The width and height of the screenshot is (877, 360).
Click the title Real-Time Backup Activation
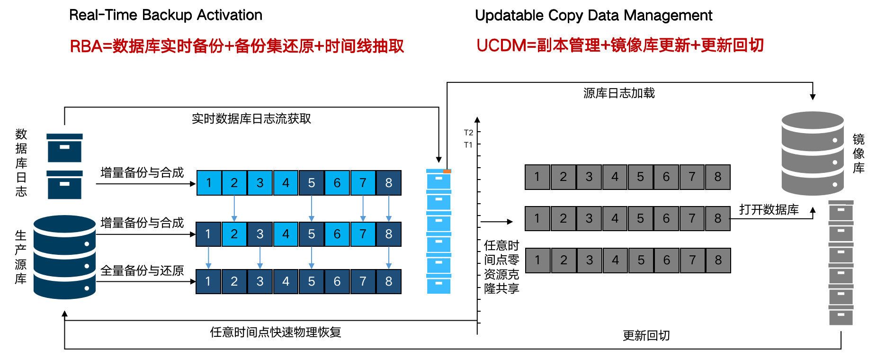pos(165,15)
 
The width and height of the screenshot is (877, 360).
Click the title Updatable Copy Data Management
pos(593,16)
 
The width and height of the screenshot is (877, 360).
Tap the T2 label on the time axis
pos(468,133)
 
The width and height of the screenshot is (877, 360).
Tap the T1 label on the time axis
pos(468,145)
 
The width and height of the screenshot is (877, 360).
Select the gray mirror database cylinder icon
pos(812,153)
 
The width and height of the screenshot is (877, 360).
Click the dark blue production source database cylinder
pos(64,257)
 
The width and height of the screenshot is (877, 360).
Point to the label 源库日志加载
pos(619,93)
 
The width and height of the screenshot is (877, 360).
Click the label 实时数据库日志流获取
pos(251,118)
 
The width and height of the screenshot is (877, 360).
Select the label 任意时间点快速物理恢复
pos(276,332)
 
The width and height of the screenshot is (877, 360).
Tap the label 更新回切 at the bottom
pos(646,335)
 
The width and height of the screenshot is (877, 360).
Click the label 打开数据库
pos(769,209)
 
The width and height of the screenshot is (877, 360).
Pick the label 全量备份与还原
pos(142,270)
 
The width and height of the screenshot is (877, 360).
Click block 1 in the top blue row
pos(209,183)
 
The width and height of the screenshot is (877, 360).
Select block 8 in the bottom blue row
pos(388,281)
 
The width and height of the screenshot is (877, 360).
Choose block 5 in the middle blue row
pos(311,234)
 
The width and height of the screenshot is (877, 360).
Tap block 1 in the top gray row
pos(537,177)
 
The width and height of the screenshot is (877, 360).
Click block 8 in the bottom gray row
pos(718,260)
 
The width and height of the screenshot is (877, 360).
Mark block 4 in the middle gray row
pos(615,218)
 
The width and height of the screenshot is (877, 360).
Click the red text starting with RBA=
pos(237,46)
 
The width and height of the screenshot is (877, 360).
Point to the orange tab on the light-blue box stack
pos(447,171)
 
